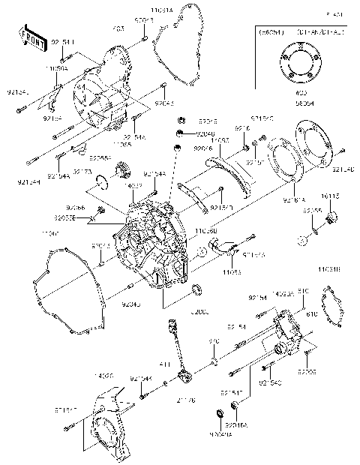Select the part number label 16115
point(331,196)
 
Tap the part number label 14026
point(104,375)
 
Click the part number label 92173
point(103,172)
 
